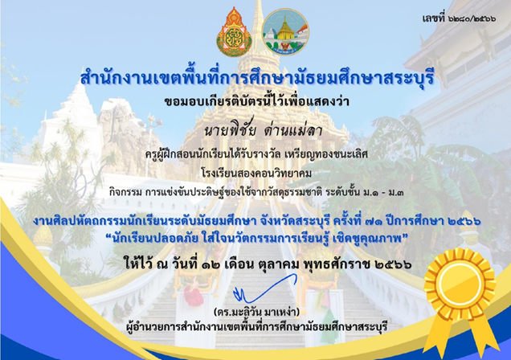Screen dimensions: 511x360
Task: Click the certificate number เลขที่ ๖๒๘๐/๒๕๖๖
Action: coord(459,18)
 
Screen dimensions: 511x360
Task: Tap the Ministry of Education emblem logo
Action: coord(234,32)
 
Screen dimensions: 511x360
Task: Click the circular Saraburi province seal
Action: coord(285,32)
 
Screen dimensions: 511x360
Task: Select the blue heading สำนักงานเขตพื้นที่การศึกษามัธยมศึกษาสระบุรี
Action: coord(257,79)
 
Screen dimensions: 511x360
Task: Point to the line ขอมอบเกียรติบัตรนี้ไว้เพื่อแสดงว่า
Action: coord(256,101)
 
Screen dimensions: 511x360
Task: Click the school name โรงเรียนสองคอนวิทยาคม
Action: coord(256,173)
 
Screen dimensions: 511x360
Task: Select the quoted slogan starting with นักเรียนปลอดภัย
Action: coord(256,239)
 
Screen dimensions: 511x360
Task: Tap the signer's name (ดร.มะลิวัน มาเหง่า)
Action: coord(256,312)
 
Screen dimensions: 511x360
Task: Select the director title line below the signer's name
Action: coord(257,326)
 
